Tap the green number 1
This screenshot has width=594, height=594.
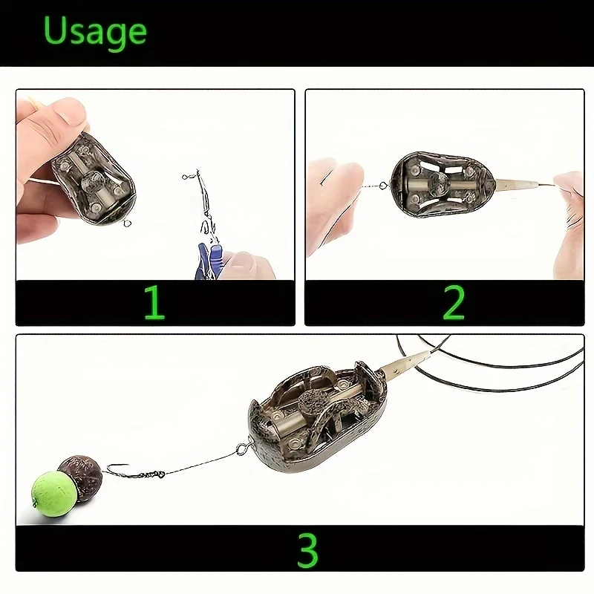(154, 302)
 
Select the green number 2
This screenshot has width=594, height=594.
(453, 302)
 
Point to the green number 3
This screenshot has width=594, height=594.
(307, 549)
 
